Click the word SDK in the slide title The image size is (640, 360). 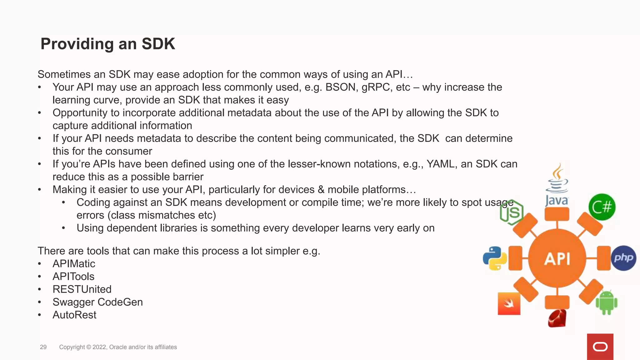pos(158,44)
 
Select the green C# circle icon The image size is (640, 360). pos(602,207)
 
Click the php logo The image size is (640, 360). pos(623,258)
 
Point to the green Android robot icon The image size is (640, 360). pos(606,302)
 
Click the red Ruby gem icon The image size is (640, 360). pos(557,318)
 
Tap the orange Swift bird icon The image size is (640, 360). pos(509,303)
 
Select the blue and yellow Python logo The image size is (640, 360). pos(495,258)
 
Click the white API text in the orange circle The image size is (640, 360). pos(557,259)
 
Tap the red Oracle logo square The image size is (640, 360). pos(600,347)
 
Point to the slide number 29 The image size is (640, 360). pos(43,347)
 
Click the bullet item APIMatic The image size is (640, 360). pos(74,264)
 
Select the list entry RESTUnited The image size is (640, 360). pos(82,289)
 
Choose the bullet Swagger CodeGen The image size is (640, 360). pos(97,302)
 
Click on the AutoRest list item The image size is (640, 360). pos(74,315)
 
